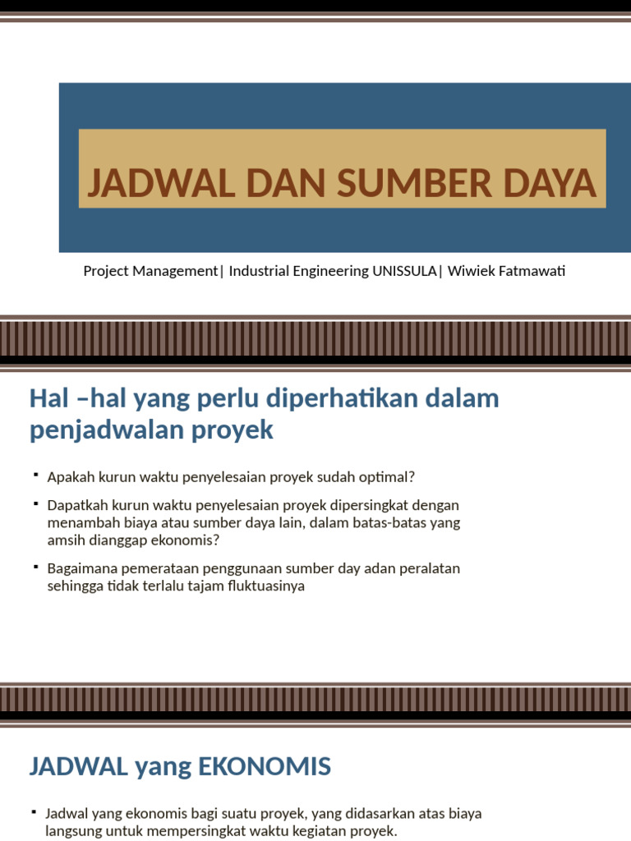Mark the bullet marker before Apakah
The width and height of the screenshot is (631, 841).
[x=35, y=476]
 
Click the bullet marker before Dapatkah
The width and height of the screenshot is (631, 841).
[x=35, y=503]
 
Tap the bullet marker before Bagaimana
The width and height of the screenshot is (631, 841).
[x=35, y=567]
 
